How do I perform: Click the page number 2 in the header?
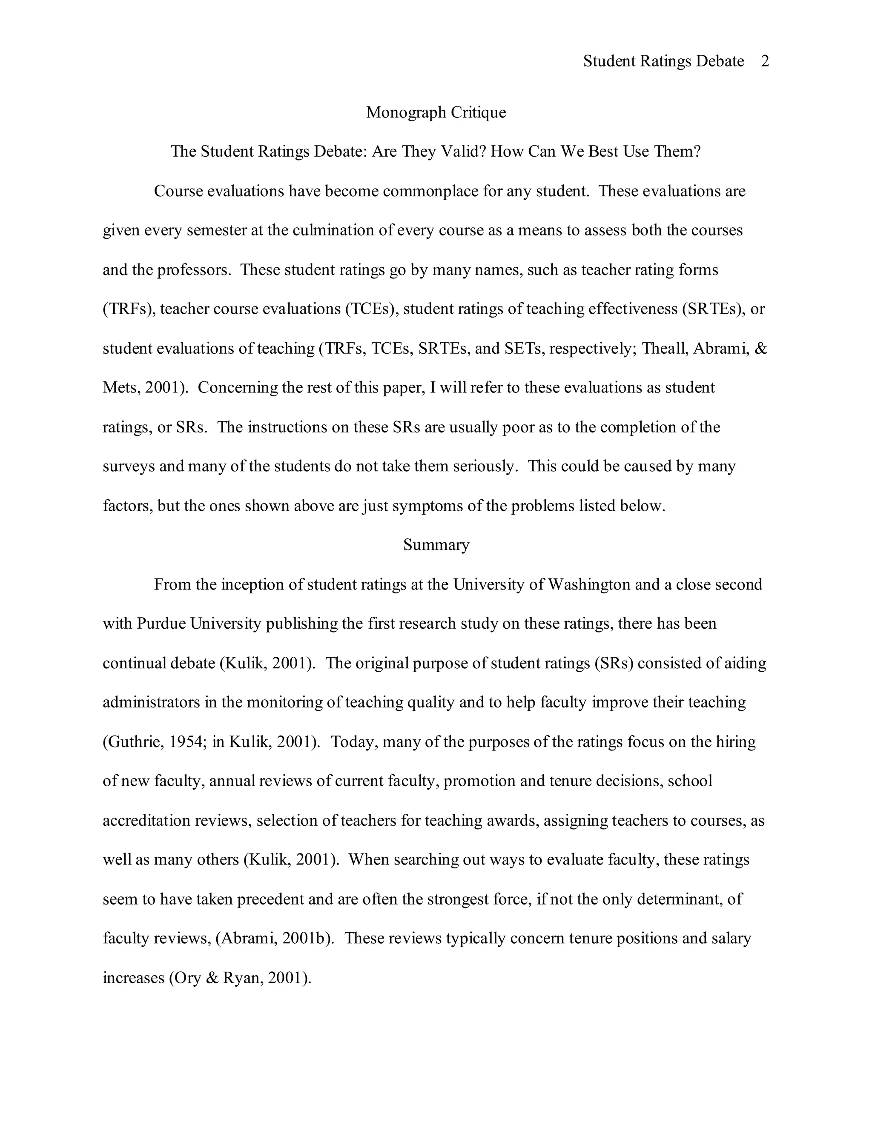[x=765, y=61]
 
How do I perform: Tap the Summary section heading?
[x=436, y=545]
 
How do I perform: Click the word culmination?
[x=333, y=230]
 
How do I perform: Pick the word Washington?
[x=589, y=585]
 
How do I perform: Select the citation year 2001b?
[x=305, y=939]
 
